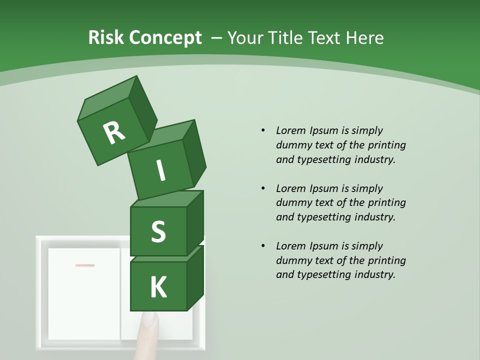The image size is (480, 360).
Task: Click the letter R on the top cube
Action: point(114,133)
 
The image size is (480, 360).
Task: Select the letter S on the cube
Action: point(158,232)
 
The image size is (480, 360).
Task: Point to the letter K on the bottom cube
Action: point(158,287)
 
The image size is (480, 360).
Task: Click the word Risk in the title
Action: point(106,38)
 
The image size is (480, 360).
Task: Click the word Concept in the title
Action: point(165,38)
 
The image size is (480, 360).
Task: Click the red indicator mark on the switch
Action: point(85,265)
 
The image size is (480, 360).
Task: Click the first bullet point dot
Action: point(263,130)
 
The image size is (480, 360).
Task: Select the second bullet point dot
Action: point(263,188)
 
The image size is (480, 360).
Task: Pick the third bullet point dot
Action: point(263,246)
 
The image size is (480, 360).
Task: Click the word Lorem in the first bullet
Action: point(290,130)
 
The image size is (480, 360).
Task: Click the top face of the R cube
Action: point(108,100)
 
